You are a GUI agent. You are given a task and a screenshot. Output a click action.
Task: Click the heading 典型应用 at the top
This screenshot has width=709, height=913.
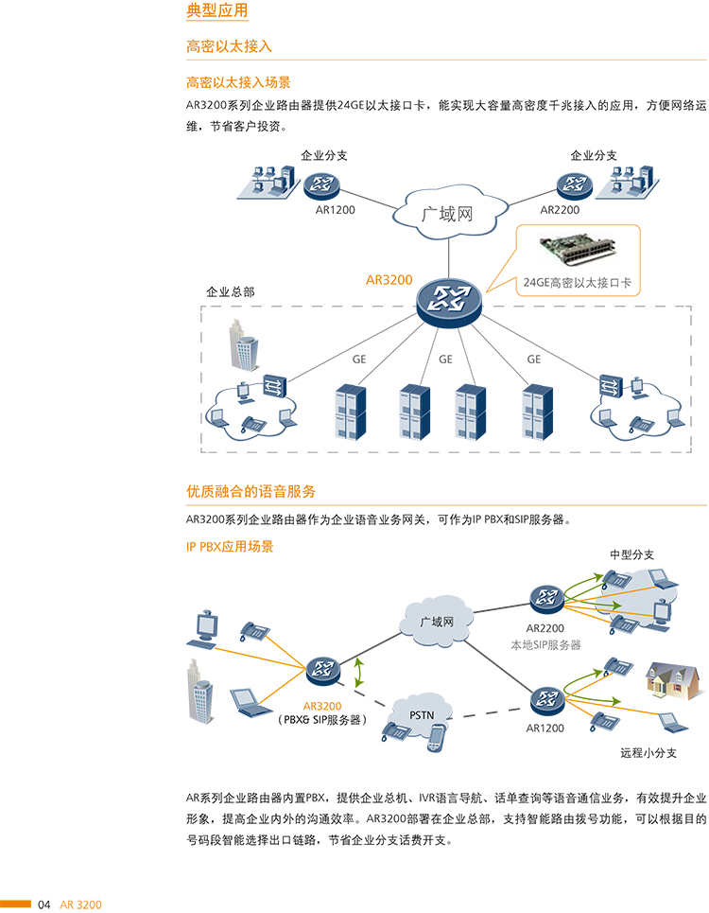point(217,11)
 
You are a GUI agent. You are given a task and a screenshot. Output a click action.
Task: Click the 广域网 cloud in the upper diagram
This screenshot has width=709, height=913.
point(445,214)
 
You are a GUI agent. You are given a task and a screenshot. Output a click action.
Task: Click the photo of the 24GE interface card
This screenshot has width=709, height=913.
point(578,251)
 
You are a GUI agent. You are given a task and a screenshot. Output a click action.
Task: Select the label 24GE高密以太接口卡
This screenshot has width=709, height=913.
point(577,281)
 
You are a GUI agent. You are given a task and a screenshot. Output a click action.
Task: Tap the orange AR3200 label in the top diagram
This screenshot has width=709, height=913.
point(389,280)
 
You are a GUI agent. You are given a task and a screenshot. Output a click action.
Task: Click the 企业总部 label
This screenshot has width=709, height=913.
point(231,292)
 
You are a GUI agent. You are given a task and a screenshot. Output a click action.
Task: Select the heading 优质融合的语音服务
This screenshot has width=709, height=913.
point(251,491)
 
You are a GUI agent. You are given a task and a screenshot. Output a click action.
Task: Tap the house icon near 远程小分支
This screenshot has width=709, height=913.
point(673,677)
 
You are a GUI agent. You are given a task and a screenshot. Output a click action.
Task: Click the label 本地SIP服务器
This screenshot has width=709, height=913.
point(545,645)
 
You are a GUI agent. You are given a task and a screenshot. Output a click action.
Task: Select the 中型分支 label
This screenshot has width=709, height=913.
point(631,554)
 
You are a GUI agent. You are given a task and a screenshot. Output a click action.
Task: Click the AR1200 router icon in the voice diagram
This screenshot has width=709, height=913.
point(545,700)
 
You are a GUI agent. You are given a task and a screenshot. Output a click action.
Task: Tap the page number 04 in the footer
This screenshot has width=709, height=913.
point(44,904)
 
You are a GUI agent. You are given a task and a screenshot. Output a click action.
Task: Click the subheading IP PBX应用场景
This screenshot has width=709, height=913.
point(230,547)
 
